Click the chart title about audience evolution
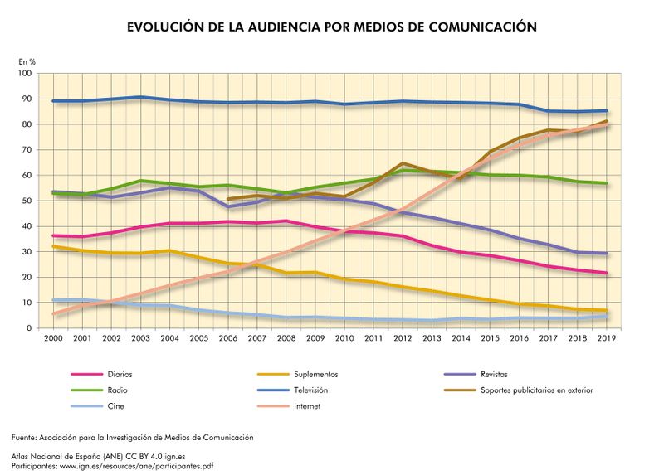(x=332, y=27)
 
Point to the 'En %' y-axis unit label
(x=27, y=61)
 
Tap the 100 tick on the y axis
(x=24, y=74)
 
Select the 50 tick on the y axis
(x=27, y=201)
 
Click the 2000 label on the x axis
(x=54, y=338)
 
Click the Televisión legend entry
(x=314, y=390)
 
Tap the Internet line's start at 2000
(x=54, y=314)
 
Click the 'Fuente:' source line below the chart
(x=133, y=437)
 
